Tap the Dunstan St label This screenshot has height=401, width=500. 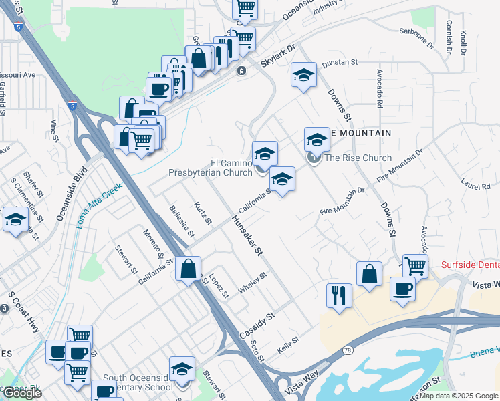pyautogui.click(x=340, y=62)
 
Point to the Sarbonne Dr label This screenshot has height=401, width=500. pyautogui.click(x=416, y=39)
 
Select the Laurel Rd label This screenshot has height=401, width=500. pyautogui.click(x=475, y=182)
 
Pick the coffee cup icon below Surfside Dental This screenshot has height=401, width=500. pyautogui.click(x=402, y=289)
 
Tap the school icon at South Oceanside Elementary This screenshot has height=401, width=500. pyautogui.click(x=182, y=369)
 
